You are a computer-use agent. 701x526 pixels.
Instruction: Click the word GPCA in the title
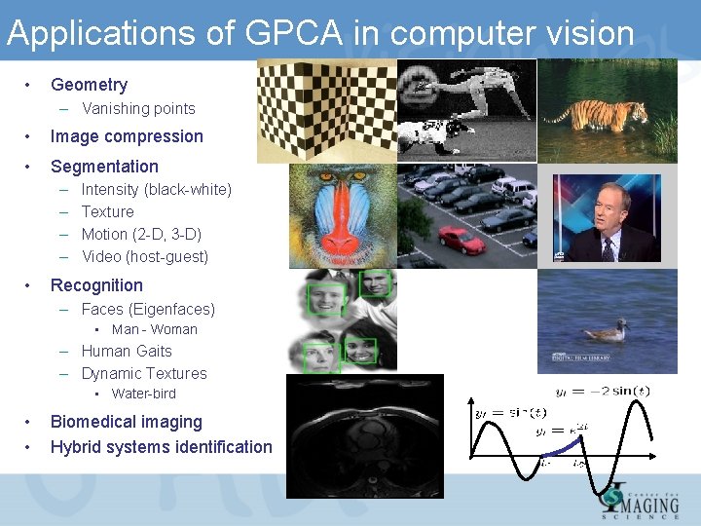pyautogui.click(x=294, y=34)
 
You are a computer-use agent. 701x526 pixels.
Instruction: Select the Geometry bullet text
pyautogui.click(x=89, y=85)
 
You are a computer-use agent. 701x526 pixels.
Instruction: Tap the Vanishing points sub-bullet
pyautogui.click(x=138, y=109)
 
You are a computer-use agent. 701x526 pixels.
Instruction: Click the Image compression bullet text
pyautogui.click(x=127, y=136)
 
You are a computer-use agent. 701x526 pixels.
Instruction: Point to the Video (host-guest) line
pyautogui.click(x=144, y=257)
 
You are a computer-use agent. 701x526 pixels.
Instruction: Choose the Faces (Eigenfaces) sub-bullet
pyautogui.click(x=148, y=310)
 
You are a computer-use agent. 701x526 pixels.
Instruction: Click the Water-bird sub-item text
pyautogui.click(x=143, y=394)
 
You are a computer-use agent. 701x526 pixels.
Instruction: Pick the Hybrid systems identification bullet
pyautogui.click(x=161, y=447)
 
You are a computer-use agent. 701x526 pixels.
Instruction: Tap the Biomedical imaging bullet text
pyautogui.click(x=126, y=422)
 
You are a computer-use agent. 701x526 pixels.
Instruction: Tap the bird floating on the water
pyautogui.click(x=608, y=331)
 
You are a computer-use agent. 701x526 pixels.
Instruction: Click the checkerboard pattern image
pyautogui.click(x=326, y=110)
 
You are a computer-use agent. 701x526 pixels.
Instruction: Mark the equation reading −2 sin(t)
pyautogui.click(x=603, y=392)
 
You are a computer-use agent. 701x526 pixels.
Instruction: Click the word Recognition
pyautogui.click(x=96, y=285)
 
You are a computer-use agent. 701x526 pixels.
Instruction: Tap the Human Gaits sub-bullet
pyautogui.click(x=127, y=352)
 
